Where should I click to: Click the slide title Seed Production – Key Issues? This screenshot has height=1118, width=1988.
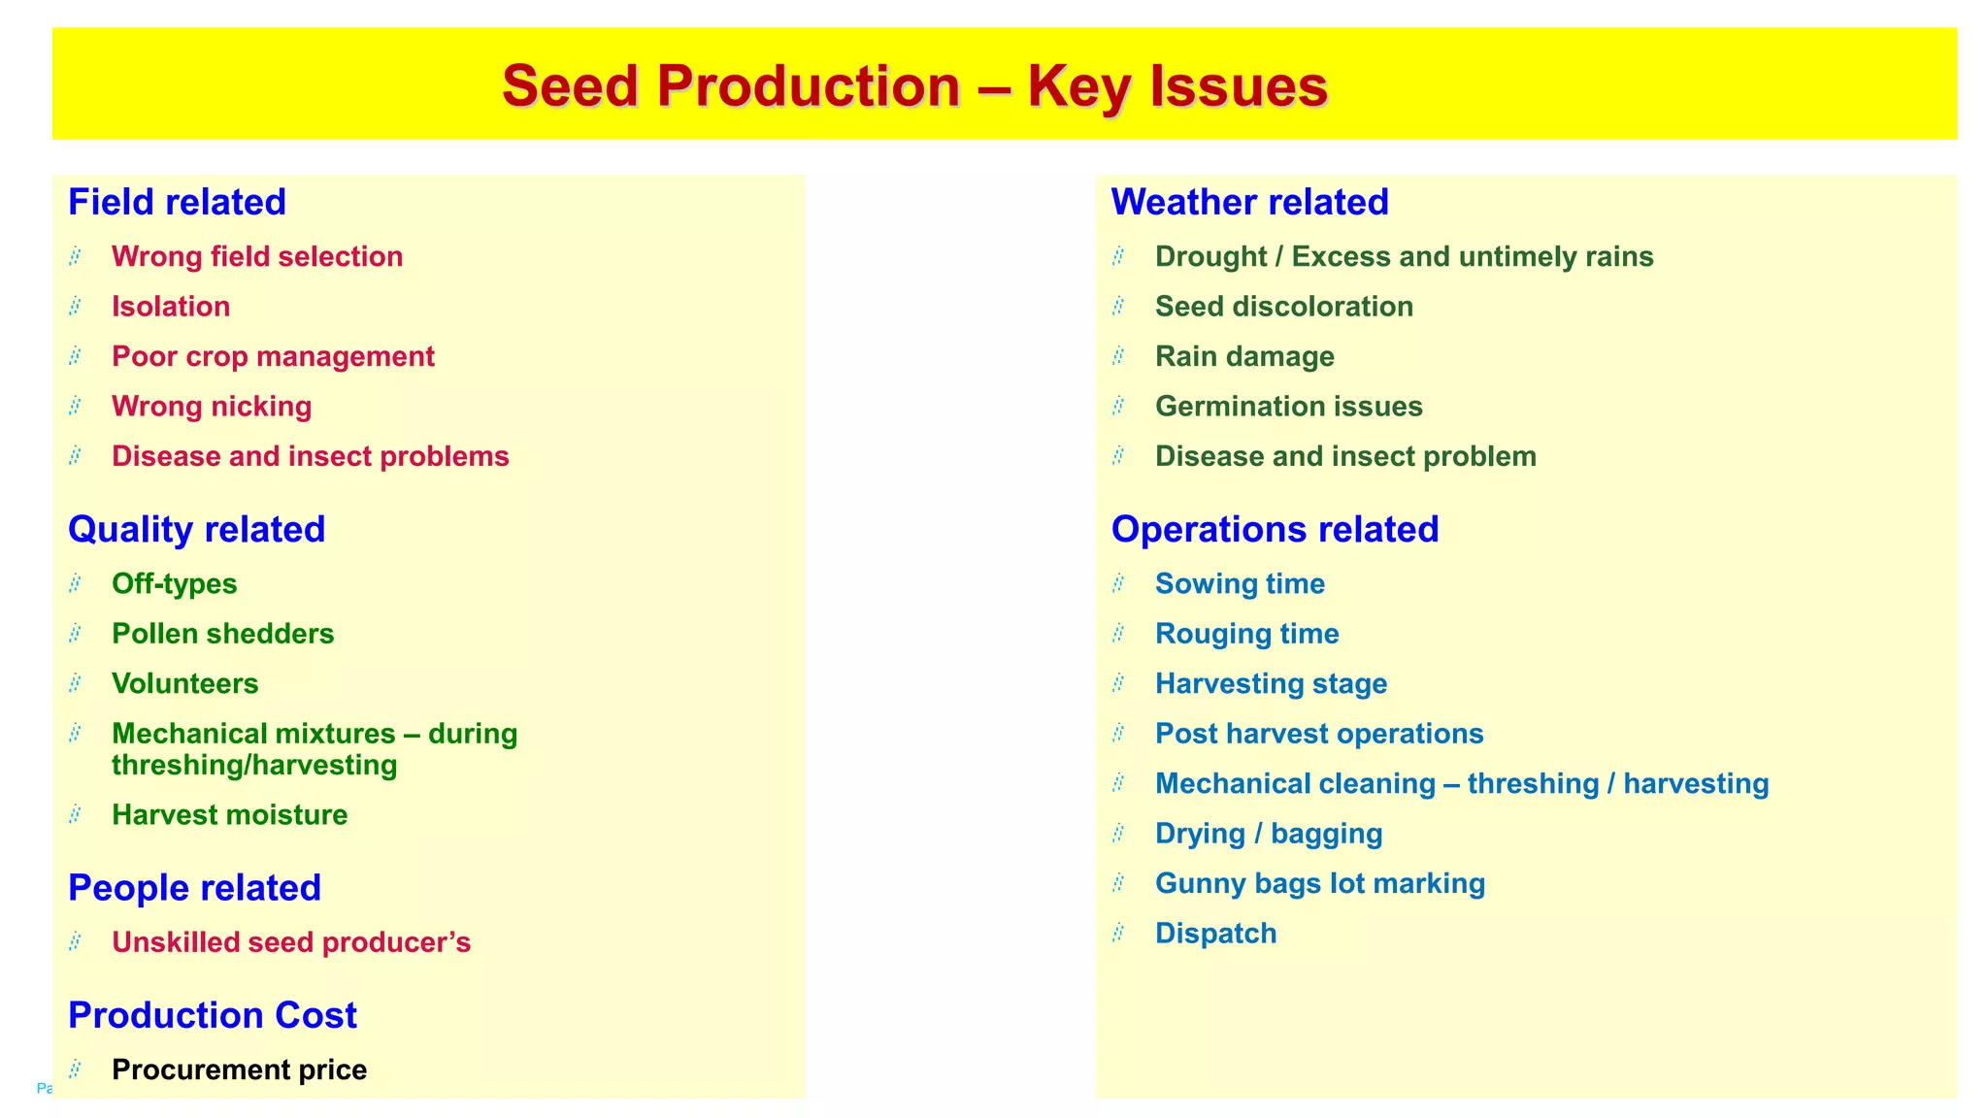click(914, 85)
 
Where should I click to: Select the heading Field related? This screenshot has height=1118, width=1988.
click(177, 202)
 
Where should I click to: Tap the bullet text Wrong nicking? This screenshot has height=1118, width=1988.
click(212, 406)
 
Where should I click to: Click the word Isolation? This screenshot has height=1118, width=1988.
click(171, 307)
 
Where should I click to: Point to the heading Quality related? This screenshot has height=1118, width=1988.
click(196, 529)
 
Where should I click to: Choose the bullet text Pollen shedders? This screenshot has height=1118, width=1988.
click(222, 634)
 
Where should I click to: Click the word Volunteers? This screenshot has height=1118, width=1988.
click(184, 683)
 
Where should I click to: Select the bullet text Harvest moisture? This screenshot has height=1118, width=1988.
click(229, 814)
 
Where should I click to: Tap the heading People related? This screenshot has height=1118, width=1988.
click(194, 888)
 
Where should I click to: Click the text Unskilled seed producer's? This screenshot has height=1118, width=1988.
click(290, 942)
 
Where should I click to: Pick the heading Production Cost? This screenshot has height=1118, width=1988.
click(212, 1015)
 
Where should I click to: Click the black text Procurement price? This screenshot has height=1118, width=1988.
click(239, 1069)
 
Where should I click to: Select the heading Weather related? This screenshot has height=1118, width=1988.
click(1249, 202)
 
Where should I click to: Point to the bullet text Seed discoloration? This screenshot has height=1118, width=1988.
click(1283, 307)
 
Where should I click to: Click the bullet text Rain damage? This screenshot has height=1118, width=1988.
click(1244, 356)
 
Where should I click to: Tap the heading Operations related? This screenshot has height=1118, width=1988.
click(1274, 529)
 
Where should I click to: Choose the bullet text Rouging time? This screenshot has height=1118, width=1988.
click(1246, 634)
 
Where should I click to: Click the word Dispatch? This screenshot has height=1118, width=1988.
click(1215, 933)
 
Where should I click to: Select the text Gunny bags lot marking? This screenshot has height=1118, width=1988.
click(1319, 883)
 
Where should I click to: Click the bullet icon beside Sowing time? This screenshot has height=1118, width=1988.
click(1118, 583)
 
